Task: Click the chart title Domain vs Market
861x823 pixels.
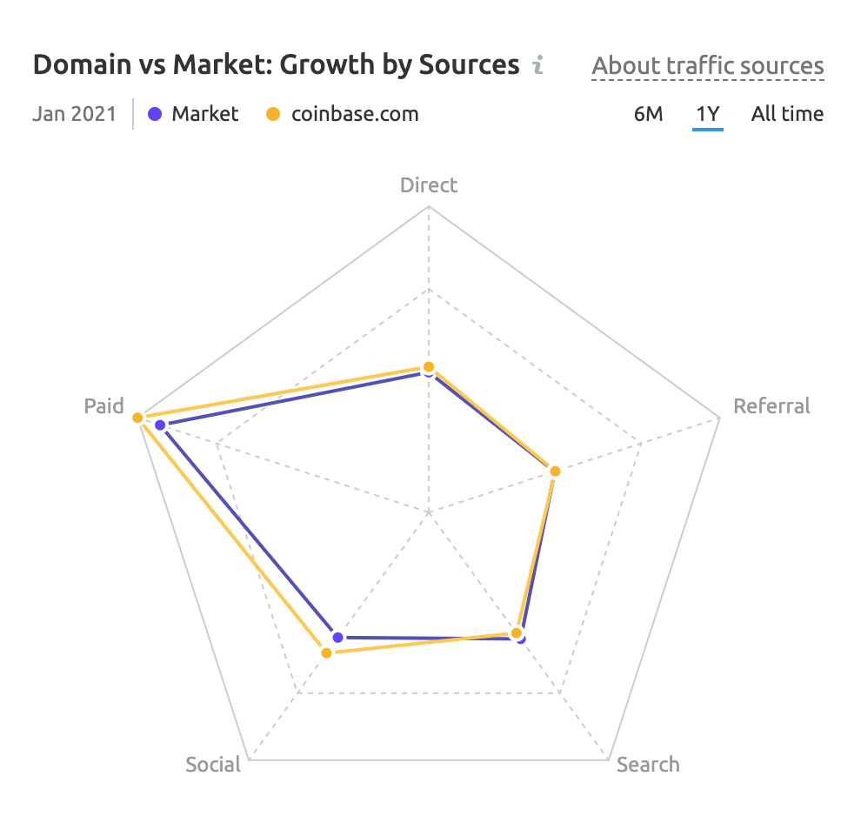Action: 276,65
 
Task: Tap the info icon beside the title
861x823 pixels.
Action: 538,65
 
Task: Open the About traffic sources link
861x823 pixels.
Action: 707,66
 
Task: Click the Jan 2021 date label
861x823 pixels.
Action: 74,114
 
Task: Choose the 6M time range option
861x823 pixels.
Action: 648,114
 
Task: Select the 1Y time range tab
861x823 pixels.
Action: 707,114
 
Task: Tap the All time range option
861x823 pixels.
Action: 787,114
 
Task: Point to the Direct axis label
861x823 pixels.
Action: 429,184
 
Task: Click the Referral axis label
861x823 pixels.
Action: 771,406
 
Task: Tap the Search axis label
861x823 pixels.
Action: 648,765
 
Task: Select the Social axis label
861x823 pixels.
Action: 213,765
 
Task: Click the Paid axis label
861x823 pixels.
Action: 104,406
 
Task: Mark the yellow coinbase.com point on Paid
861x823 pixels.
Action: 137,418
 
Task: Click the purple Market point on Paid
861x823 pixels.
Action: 160,425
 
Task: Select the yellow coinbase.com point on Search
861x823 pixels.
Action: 516,632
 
